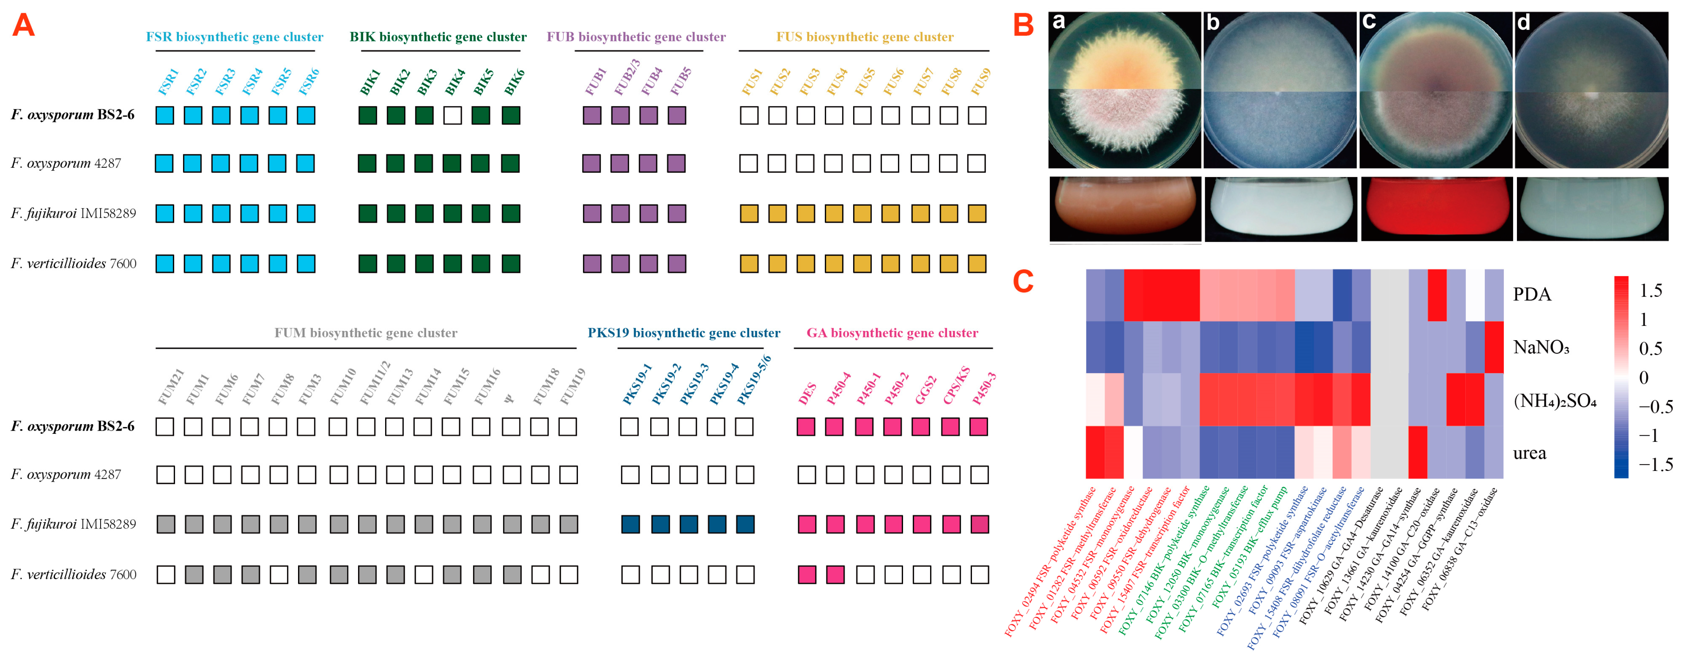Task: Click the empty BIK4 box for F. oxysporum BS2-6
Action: coord(452,116)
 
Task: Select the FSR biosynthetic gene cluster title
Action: coord(234,37)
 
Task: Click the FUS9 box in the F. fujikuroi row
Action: coord(977,213)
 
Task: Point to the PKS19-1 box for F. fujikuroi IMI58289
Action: coord(631,524)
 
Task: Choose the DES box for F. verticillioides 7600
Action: coord(807,574)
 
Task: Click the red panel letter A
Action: coord(24,26)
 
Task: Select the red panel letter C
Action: coord(1023,282)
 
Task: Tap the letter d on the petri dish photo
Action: coord(1524,23)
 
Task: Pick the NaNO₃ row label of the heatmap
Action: coord(1541,347)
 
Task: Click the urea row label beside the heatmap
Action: coord(1529,453)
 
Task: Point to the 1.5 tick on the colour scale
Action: coord(1650,290)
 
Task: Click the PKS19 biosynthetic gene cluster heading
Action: coord(684,333)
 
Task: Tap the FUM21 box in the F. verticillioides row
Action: coord(166,574)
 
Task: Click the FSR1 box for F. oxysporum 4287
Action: coord(164,163)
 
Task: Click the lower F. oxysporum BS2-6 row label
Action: coord(72,426)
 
